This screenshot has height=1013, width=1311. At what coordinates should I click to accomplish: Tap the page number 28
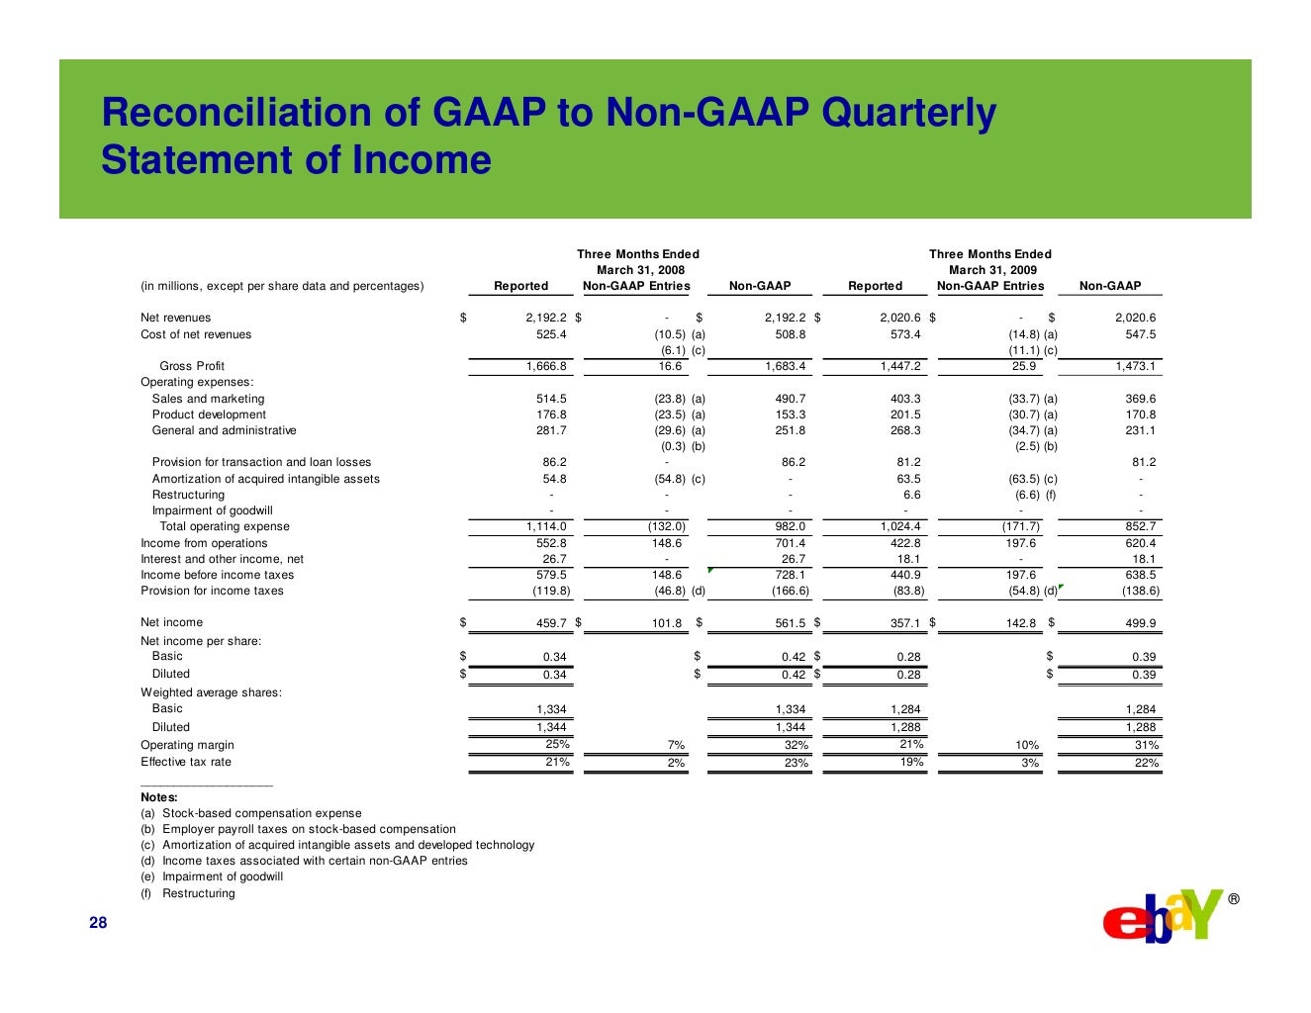coord(98,923)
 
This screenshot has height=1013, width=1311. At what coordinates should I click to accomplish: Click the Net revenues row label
coord(175,318)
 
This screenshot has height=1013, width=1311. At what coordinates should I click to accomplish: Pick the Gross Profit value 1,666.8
coord(546,366)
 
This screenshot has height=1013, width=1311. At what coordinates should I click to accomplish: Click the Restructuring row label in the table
coord(188,495)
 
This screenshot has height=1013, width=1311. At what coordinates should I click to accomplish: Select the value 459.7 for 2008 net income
coord(550,623)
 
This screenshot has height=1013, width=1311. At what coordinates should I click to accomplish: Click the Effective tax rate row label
coord(186,762)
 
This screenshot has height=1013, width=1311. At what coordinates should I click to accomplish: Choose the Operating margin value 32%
coord(796,746)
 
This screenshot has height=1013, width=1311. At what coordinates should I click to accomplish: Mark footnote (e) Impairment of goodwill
coord(212,876)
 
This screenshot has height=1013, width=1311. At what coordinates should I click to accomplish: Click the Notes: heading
coord(159,797)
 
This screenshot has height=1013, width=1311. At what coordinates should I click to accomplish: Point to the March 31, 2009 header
coord(991,270)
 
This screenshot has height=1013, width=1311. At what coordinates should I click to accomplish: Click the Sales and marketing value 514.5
coord(551,399)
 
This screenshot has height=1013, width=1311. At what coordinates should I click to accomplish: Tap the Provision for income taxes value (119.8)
coord(551,591)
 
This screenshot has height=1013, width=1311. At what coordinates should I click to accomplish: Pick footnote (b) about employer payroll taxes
coord(298,829)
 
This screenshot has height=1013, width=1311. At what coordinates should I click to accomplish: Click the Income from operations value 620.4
coord(1140,543)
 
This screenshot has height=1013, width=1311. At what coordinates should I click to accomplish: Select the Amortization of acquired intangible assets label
coord(265,479)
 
